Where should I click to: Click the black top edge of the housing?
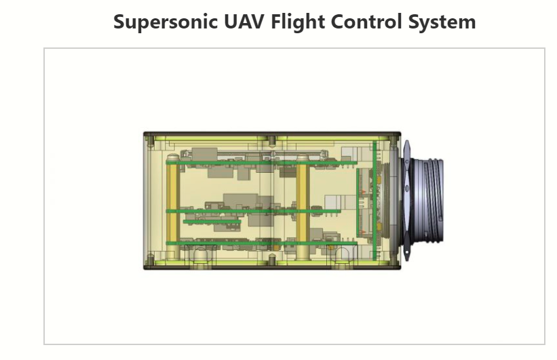pyautogui.click(x=271, y=134)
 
